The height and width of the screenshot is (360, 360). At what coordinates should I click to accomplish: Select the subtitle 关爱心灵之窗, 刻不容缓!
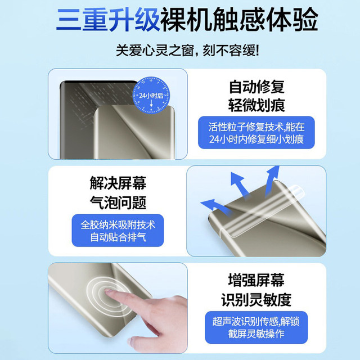click(180, 51)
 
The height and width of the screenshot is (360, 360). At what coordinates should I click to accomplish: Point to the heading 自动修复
click(256, 87)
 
